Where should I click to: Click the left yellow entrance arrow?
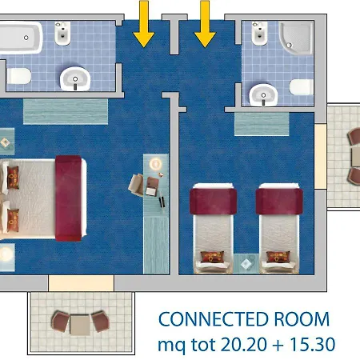[x=144, y=23]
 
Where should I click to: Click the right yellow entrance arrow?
[x=205, y=23]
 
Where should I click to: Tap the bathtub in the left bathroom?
[x=21, y=38]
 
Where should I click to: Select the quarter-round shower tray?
[x=295, y=38]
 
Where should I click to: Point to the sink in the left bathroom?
[x=75, y=79]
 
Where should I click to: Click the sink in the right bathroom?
[x=263, y=95]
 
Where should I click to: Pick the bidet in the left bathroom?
[x=62, y=34]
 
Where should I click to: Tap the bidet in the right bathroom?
[x=259, y=34]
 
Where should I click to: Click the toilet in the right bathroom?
[x=302, y=87]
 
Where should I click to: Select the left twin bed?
[x=213, y=229]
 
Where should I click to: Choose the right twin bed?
[x=279, y=229]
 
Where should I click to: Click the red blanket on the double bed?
[x=69, y=198]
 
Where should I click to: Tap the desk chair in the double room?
[x=136, y=185]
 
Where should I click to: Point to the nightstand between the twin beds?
[x=246, y=264]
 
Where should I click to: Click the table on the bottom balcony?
[x=80, y=325]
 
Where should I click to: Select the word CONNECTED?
[x=214, y=319]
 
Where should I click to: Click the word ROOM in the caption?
[x=302, y=319]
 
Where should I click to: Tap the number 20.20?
[x=244, y=344]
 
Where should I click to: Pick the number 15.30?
[x=312, y=344]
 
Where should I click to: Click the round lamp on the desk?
[x=155, y=163]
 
